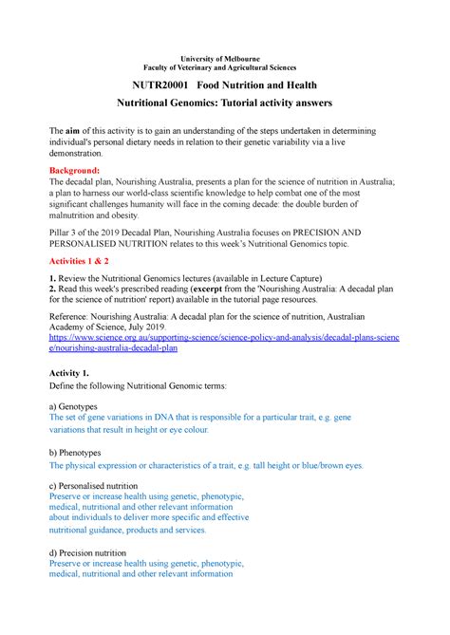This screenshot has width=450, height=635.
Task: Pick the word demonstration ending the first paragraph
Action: pyautogui.click(x=87, y=152)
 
